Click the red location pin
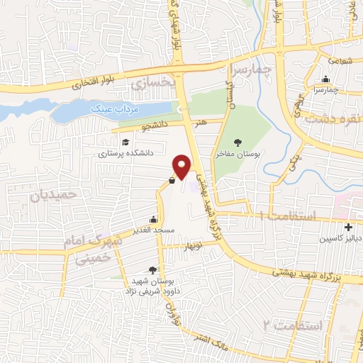(183, 165)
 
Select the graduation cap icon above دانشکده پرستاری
(125, 140)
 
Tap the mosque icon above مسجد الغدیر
(152, 219)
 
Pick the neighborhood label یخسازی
(150, 84)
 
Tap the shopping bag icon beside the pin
(172, 180)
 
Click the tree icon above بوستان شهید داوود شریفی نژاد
(152, 269)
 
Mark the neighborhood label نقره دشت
(331, 118)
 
